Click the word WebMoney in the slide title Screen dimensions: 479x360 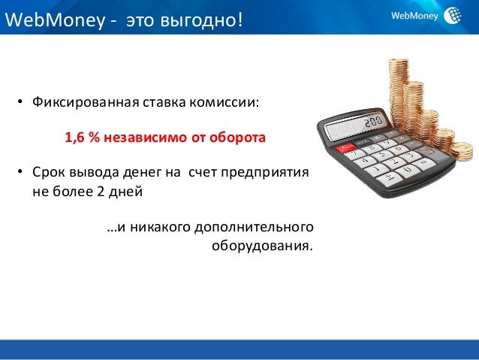coord(55,20)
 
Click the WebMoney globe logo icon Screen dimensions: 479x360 coord(453,15)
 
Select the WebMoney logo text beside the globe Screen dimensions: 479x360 coord(414,15)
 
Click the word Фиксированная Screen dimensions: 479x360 coord(86,102)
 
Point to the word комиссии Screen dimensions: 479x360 coord(224,102)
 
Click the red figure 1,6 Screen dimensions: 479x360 coord(74,138)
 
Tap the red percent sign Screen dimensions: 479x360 coord(95,138)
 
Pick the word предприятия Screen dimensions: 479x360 coord(264,173)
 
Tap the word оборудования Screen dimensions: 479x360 coord(263,247)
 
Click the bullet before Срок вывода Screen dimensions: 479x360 coord(20,171)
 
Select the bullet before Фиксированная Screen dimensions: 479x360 coord(20,101)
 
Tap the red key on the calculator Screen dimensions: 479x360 coord(345,148)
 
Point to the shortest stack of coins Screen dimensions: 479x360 coord(462,150)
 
